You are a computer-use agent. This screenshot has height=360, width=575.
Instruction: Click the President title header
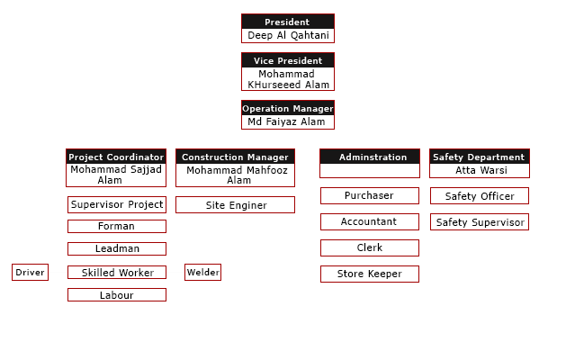287,22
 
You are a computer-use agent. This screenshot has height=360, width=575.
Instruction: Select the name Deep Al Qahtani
287,35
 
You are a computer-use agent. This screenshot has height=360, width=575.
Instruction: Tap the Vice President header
287,60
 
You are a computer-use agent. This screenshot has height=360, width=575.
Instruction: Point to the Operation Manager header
287,108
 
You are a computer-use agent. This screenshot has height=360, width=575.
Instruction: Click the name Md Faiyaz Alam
287,121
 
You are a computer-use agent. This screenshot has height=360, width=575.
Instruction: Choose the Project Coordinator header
116,157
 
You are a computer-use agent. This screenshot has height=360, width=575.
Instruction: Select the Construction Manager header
235,157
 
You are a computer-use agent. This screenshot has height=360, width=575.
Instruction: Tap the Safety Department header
478,157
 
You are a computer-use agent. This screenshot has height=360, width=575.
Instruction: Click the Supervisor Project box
117,204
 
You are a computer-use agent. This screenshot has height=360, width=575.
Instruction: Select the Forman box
116,226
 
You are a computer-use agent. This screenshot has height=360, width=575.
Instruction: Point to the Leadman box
117,248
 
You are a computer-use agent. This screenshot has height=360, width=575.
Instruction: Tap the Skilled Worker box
117,272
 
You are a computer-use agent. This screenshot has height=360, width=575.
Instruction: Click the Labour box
116,294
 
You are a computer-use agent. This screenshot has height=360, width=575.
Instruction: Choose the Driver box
30,272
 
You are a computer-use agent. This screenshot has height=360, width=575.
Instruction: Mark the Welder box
202,272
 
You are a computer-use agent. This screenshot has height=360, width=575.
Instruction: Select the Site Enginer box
236,205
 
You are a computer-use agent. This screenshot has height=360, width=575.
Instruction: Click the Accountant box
369,221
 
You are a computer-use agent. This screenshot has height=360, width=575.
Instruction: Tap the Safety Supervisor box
480,221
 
